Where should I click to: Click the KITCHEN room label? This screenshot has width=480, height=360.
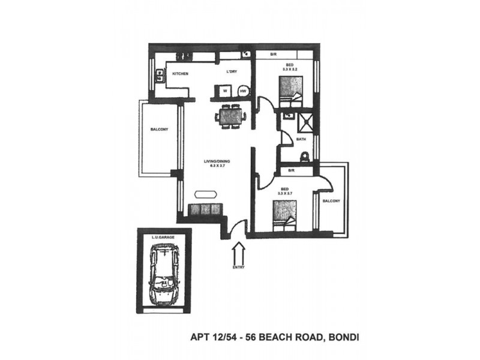tap(181, 74)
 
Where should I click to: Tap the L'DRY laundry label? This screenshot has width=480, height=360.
tap(233, 73)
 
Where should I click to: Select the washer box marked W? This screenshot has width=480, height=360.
tap(224, 91)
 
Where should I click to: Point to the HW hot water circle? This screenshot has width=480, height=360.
tap(243, 91)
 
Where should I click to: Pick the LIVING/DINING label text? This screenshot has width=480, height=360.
tap(217, 161)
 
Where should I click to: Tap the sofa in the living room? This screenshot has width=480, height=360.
tap(205, 210)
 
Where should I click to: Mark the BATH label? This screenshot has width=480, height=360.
tap(301, 140)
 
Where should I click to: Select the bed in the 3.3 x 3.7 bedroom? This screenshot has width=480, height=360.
tap(284, 215)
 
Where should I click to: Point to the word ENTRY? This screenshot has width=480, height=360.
tap(238, 267)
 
